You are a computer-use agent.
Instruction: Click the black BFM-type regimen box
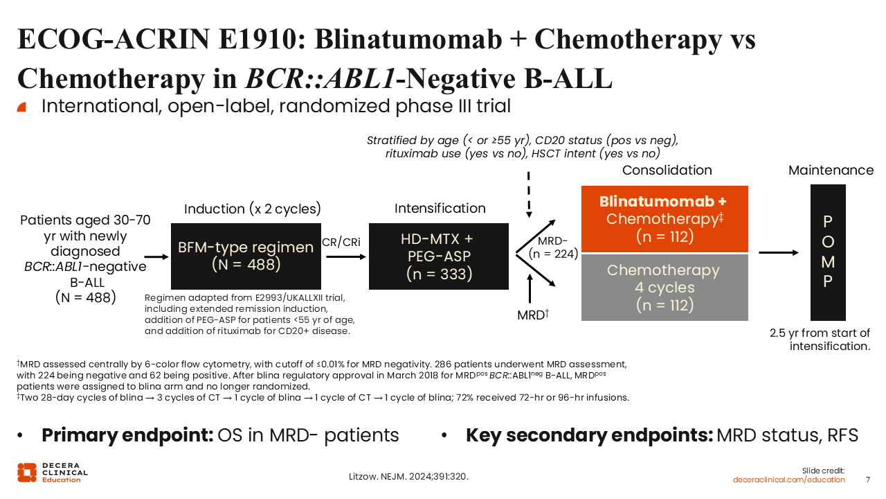[246, 256]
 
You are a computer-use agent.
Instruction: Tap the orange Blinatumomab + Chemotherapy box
[664, 219]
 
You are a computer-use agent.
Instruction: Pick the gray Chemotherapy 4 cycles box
[664, 287]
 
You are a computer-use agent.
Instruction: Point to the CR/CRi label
[341, 242]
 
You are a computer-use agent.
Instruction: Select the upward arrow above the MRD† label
[530, 290]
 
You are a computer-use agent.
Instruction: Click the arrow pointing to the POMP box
[778, 252]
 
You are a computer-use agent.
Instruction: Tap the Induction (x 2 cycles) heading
[253, 209]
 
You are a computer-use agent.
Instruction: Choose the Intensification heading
[440, 208]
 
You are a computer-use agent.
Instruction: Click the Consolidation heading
[667, 170]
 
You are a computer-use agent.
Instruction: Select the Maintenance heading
[831, 170]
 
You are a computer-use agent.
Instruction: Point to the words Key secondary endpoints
[589, 435]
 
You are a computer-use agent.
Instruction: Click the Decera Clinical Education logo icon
[26, 472]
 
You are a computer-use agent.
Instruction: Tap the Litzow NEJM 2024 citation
[412, 477]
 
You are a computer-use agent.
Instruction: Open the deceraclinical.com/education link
[789, 480]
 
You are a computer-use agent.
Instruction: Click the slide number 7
[868, 480]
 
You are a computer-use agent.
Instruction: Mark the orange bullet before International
[21, 107]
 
